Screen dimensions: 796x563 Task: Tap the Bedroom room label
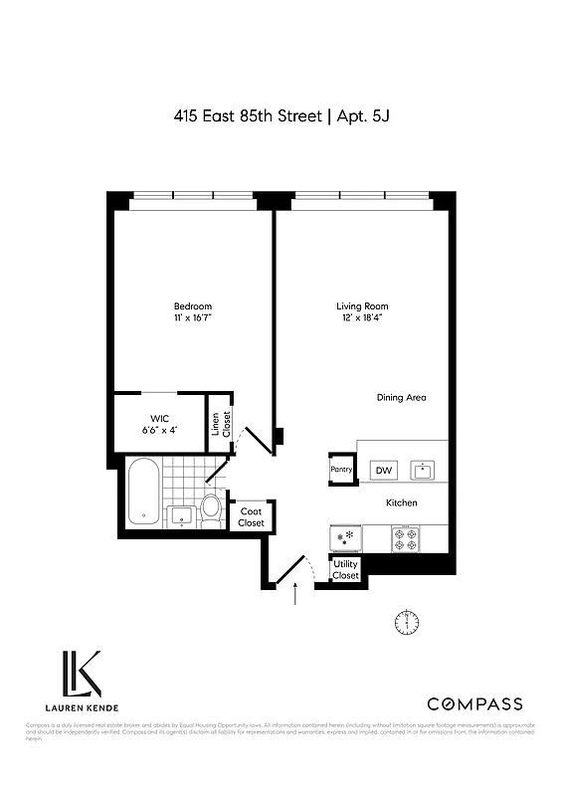(x=193, y=305)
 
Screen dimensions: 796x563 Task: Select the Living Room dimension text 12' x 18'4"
(x=362, y=318)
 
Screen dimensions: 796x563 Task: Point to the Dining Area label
(x=401, y=398)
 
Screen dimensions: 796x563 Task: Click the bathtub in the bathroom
(x=142, y=495)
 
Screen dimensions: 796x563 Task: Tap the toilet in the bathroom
(x=211, y=508)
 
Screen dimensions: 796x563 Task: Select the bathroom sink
(x=181, y=514)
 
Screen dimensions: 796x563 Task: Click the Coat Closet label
(x=251, y=517)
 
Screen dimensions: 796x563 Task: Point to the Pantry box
(x=342, y=469)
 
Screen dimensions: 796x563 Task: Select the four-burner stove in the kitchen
(x=406, y=538)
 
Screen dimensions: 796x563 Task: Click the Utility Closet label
(x=345, y=570)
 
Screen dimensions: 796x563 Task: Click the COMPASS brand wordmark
(x=473, y=704)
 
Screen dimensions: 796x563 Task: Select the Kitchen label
(x=401, y=503)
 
